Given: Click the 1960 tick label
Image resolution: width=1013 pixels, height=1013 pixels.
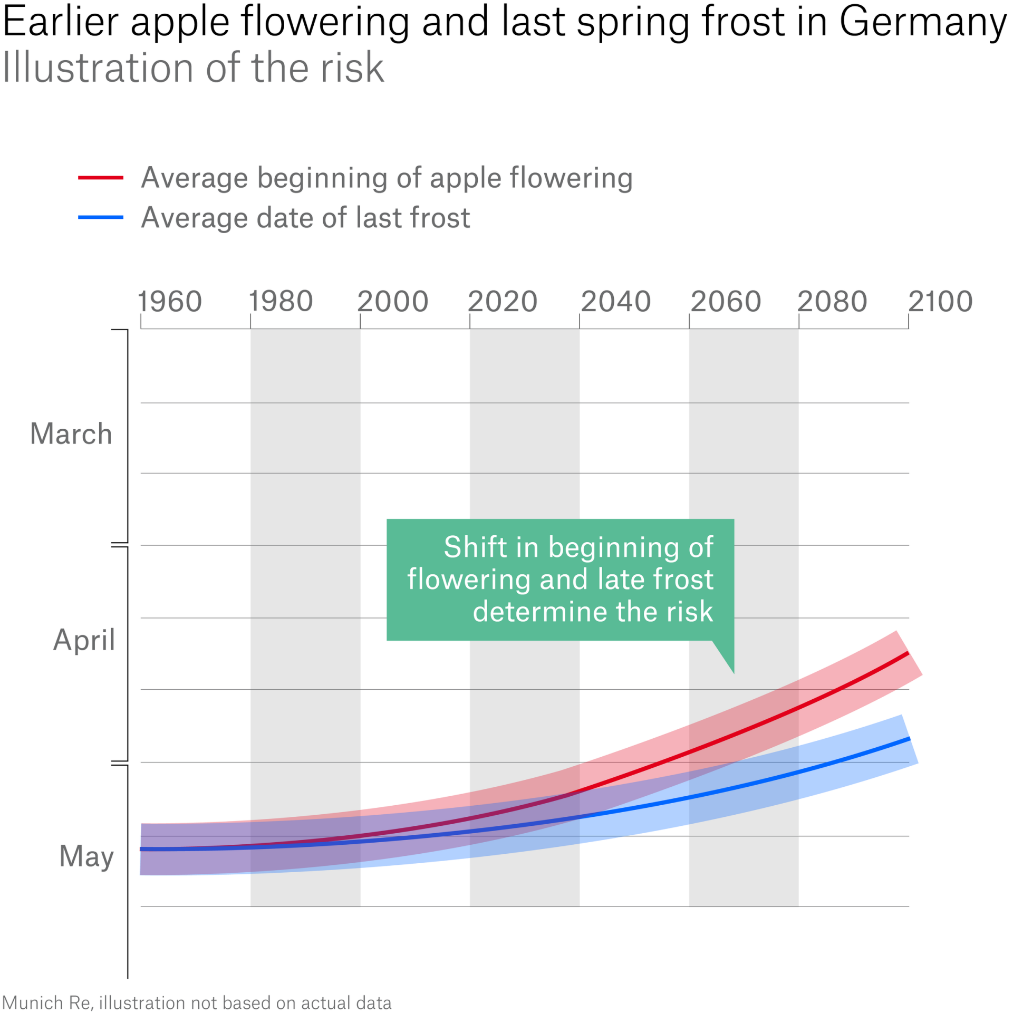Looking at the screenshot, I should tap(170, 302).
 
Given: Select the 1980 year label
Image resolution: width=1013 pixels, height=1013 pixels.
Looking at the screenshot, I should tap(281, 302).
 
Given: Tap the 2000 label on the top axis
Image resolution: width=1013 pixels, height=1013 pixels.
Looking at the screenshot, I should tap(392, 302).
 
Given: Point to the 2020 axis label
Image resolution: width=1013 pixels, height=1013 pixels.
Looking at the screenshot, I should tap(502, 302).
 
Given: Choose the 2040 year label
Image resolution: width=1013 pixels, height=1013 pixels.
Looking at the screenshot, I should tap(615, 302).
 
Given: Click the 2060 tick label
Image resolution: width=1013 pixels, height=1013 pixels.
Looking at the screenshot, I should tap(726, 302).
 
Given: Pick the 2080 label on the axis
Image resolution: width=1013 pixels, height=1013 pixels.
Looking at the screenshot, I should tap(832, 302).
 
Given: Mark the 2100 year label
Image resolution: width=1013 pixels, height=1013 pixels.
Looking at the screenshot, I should tap(940, 302).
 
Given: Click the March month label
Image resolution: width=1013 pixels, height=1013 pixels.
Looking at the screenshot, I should tap(71, 434).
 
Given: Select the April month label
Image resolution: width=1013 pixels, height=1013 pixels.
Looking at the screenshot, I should tap(84, 640).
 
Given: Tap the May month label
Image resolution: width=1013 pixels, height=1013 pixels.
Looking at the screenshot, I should tap(86, 856).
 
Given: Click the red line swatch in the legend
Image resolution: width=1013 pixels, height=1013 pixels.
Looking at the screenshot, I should tap(101, 178).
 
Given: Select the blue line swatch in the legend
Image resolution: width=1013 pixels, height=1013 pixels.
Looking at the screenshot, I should tap(101, 217).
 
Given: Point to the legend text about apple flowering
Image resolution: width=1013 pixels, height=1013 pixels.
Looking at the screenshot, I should tap(387, 178).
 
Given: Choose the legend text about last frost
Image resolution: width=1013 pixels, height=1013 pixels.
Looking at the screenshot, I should tap(305, 218).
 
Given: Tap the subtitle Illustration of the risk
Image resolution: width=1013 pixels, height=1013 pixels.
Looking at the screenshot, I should tap(193, 68).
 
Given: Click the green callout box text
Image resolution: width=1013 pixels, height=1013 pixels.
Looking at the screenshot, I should tap(560, 579).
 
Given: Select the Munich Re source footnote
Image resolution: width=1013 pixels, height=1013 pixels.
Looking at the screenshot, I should tap(197, 1002).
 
